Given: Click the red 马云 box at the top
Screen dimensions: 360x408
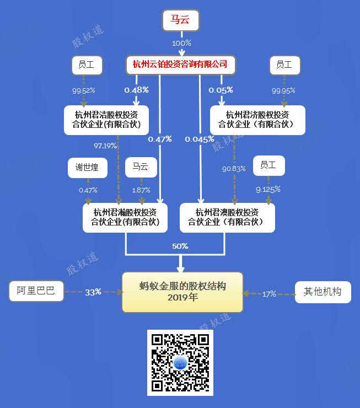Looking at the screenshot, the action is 181,20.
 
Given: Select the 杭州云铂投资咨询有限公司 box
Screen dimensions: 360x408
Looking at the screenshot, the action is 180,65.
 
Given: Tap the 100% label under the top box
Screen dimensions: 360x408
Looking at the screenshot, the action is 181,43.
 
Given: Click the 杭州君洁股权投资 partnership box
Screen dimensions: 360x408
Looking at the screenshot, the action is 106,120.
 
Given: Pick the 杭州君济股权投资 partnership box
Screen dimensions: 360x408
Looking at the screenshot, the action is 257,120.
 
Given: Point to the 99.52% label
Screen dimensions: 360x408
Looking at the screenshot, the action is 83,90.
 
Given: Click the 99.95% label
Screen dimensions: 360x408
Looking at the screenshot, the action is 283,90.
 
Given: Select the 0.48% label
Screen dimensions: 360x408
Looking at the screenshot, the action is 136,90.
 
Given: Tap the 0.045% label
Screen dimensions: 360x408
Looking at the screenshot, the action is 200,139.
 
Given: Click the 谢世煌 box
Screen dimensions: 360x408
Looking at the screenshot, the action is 88,168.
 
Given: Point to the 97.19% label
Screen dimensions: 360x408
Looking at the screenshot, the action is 105,146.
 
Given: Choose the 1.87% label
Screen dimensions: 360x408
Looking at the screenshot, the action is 141,190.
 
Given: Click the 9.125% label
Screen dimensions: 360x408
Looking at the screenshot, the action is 268,189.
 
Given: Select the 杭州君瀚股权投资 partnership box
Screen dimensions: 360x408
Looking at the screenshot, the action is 125,218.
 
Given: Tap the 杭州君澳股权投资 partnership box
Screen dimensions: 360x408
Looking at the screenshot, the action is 227,218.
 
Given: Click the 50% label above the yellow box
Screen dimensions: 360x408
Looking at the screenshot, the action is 180,246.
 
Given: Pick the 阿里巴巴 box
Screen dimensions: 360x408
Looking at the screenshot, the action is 36,291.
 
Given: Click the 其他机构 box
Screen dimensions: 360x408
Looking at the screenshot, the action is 323,292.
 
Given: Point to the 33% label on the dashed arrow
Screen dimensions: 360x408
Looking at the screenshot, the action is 93,292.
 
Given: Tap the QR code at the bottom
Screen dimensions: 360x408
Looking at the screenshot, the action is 180,363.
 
